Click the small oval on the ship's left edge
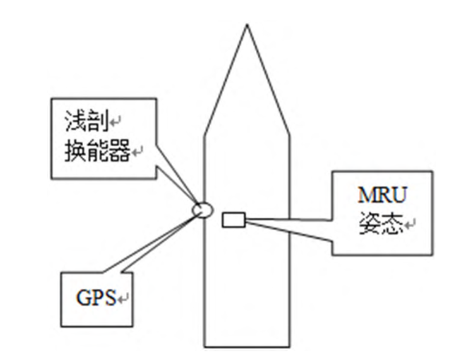[x=203, y=209]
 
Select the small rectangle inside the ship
[x=235, y=217]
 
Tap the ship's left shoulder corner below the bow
[x=205, y=133]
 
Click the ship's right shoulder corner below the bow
[x=288, y=133]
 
